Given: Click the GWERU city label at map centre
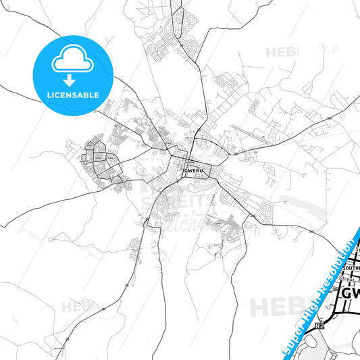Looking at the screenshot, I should pyautogui.click(x=192, y=170).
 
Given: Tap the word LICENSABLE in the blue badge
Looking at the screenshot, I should pyautogui.click(x=70, y=95).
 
